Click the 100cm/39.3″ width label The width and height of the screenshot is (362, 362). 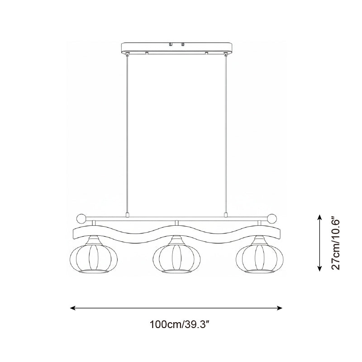[x=179, y=324]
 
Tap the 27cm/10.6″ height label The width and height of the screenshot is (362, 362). [x=335, y=243]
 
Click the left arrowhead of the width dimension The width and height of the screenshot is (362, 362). [x=73, y=308]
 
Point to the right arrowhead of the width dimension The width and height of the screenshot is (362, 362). [x=279, y=308]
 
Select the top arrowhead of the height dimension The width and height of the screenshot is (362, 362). [x=319, y=217]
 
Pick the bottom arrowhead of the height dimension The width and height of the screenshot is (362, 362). [x=319, y=268]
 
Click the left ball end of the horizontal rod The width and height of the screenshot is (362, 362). [x=81, y=219]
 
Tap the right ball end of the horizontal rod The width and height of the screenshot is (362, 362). [x=272, y=219]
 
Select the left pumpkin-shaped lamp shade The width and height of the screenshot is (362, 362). [x=94, y=258]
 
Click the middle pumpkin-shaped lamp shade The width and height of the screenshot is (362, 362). [x=176, y=258]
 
